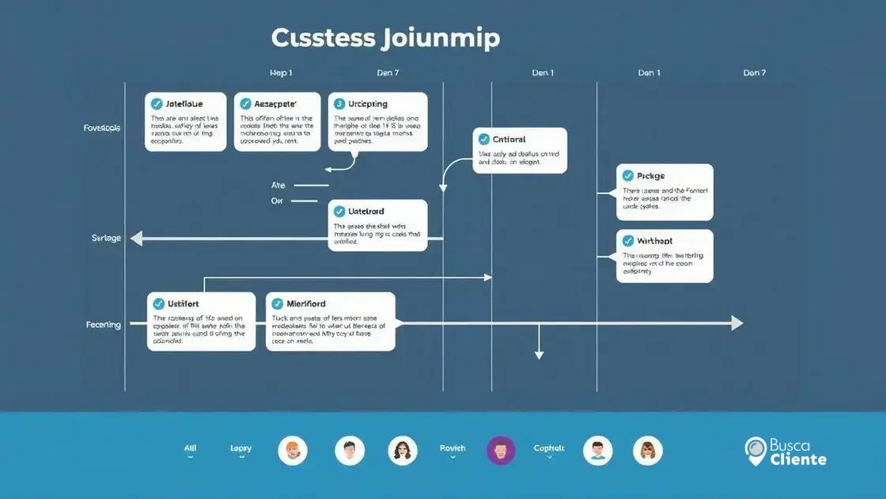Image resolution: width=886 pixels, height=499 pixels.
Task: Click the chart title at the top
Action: (x=385, y=37)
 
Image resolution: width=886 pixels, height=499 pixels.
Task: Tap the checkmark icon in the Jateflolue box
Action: (x=157, y=104)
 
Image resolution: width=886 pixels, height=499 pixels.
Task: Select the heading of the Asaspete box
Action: (x=275, y=104)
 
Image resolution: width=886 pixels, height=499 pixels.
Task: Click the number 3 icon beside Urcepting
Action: (x=339, y=104)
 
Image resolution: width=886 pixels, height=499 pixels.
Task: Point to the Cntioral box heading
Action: (x=509, y=139)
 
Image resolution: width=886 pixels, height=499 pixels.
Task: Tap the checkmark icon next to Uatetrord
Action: (x=339, y=211)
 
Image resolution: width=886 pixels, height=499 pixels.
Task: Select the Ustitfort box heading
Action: (x=183, y=303)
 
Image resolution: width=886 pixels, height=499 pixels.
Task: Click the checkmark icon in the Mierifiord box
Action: (x=277, y=303)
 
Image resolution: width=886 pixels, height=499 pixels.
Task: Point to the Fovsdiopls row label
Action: (x=102, y=128)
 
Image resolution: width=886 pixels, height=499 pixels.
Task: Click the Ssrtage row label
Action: (x=107, y=238)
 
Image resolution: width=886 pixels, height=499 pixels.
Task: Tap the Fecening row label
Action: (x=104, y=325)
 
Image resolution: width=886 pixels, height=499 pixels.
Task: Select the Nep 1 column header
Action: (x=281, y=73)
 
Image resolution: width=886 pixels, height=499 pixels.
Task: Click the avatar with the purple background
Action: (x=501, y=451)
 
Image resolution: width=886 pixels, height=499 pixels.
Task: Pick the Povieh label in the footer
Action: (x=452, y=448)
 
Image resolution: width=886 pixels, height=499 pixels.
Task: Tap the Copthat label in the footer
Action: (x=549, y=448)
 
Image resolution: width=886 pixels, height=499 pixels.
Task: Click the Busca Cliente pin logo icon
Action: (x=755, y=450)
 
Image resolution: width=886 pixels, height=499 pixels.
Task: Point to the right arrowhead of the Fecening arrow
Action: (x=736, y=323)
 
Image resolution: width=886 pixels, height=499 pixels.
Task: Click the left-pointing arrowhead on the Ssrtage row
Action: (x=136, y=238)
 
